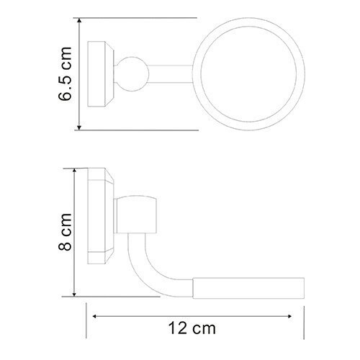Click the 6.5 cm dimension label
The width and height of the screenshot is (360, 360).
coord(65,73)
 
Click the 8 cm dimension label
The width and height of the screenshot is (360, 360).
coord(65,232)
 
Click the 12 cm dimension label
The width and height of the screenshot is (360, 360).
coord(192,328)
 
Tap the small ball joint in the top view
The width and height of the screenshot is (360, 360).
coord(132,74)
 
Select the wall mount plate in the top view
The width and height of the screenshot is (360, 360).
coord(101,74)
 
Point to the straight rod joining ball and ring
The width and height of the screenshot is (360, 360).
coord(171,74)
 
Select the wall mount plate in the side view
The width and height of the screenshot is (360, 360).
coord(101,216)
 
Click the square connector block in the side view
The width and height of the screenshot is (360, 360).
coord(137,215)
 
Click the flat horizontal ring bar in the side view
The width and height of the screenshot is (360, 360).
coord(248,288)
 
